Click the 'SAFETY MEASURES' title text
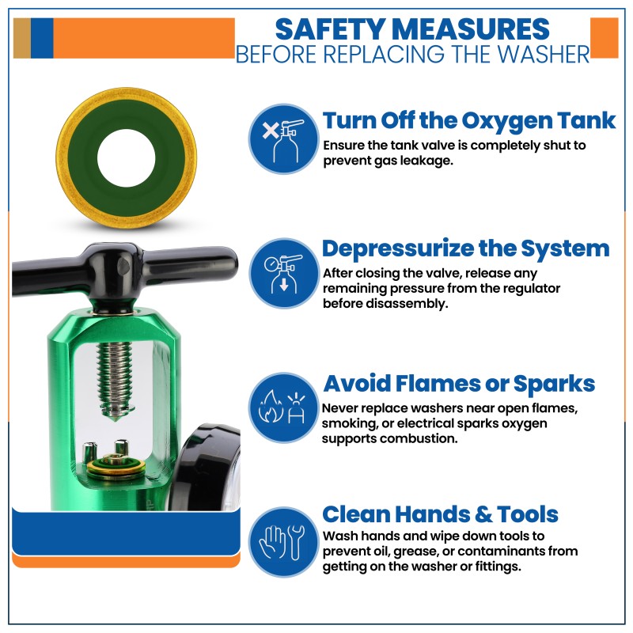tap(412, 29)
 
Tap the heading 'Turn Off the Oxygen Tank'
tap(469, 121)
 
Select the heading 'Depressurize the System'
tap(466, 248)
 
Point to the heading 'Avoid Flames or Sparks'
tap(459, 384)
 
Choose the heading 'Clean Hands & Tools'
tap(441, 514)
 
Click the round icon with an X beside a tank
tap(283, 139)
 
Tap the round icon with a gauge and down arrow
tap(283, 273)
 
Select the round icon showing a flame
tap(283, 407)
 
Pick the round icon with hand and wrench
tap(283, 542)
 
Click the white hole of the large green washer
tap(127, 158)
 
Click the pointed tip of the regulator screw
tap(116, 421)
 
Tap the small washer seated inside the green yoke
tap(116, 468)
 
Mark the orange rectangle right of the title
tap(604, 37)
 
